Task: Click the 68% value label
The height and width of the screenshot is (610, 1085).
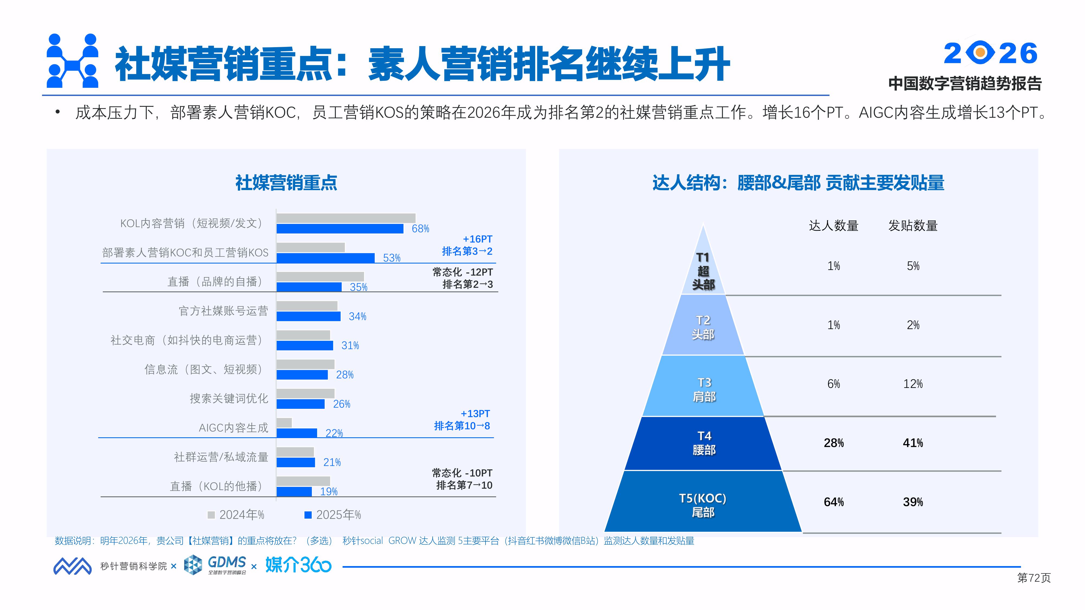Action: (420, 229)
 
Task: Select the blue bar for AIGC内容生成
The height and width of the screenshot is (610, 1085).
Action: (296, 433)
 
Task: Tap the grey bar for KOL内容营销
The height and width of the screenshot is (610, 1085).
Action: (346, 218)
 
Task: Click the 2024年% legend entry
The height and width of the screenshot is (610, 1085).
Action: (236, 515)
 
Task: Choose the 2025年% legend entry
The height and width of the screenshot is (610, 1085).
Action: (333, 515)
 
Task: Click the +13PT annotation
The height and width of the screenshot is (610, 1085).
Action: (475, 414)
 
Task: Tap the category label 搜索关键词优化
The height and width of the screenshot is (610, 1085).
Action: (229, 398)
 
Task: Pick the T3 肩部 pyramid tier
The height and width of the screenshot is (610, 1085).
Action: (703, 389)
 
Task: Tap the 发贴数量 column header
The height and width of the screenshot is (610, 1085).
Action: (913, 226)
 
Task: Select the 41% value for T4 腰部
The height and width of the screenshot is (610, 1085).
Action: (913, 443)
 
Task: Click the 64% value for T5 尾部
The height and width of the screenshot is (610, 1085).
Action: (834, 502)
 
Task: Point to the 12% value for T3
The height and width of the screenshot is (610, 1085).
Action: (913, 384)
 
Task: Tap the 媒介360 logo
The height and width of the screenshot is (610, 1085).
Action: (298, 565)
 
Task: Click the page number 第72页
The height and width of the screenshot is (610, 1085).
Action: (1034, 578)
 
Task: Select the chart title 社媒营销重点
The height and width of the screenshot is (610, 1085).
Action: (286, 183)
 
